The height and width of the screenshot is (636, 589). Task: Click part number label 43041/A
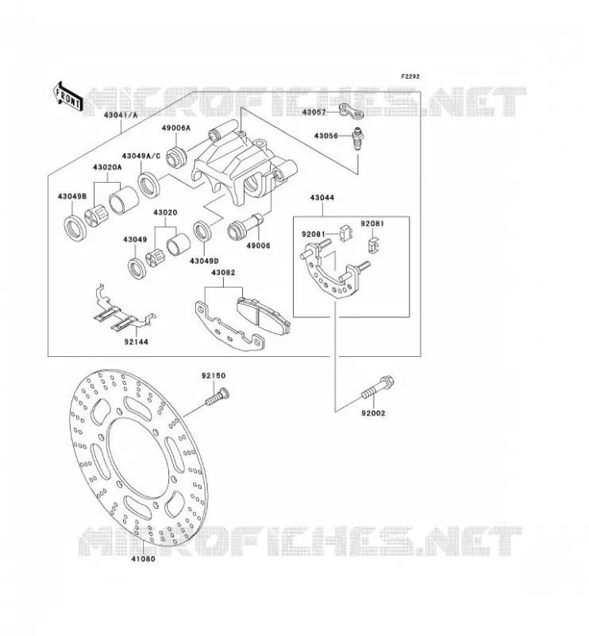pos(121,115)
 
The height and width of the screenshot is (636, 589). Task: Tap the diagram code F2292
pos(410,76)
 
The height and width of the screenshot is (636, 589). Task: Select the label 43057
pos(314,112)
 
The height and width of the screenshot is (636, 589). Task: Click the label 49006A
pos(175,128)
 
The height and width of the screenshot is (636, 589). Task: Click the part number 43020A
pos(107,167)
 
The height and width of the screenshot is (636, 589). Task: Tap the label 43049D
pos(204,262)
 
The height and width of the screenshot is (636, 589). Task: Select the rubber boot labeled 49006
pos(245,227)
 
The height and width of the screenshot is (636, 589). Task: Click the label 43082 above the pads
pos(223,273)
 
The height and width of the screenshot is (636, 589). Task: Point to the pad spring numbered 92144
pos(123,308)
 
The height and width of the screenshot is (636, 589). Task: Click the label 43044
pos(322,198)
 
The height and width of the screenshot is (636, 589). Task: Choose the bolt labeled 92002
pos(378,388)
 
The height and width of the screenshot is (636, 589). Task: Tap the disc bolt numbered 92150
pos(218,396)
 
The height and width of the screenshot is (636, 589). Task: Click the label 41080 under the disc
pos(143,559)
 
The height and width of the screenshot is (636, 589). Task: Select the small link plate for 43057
pos(351,112)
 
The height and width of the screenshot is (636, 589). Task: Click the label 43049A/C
pos(141,156)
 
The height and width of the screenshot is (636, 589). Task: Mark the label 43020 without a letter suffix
pos(165,212)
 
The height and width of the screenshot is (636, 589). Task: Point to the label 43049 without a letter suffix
pos(135,240)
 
